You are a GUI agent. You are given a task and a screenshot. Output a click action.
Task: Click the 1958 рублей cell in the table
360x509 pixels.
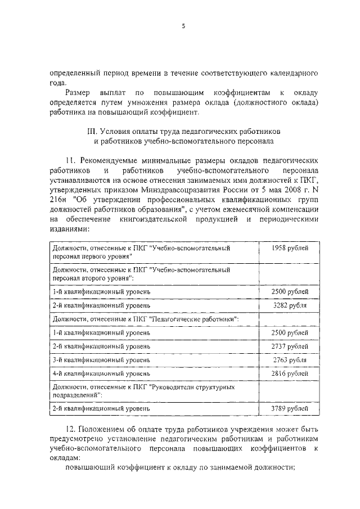click(x=289, y=247)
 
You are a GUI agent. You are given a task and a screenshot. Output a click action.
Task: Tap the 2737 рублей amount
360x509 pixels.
click(x=289, y=346)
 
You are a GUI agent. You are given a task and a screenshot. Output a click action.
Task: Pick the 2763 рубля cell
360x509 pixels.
click(x=289, y=359)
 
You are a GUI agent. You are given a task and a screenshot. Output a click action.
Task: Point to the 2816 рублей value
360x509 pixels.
click(x=289, y=373)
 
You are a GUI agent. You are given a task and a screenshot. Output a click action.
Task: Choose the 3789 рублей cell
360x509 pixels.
click(x=289, y=408)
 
